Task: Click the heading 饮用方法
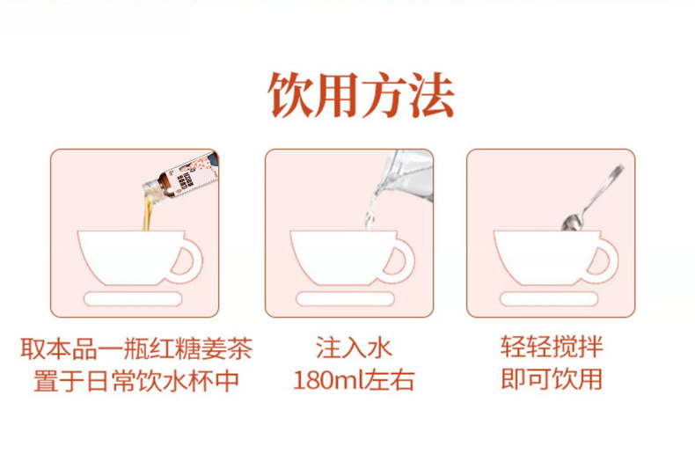(361, 95)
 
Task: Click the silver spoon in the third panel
(593, 197)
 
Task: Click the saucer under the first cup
(133, 299)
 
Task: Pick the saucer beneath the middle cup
(345, 299)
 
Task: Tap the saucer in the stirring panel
(549, 299)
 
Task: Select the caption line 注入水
(354, 348)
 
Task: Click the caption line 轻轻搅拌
(552, 347)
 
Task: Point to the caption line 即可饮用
(552, 379)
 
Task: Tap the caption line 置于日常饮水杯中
(136, 381)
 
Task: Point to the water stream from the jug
(370, 214)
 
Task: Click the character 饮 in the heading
(291, 95)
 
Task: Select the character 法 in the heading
(431, 95)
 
